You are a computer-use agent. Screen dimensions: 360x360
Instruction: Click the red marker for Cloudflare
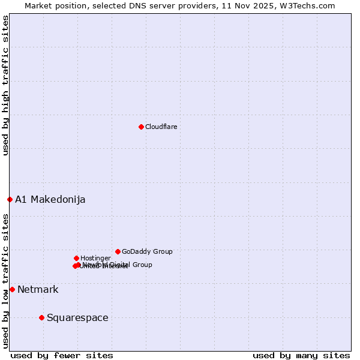coord(141,127)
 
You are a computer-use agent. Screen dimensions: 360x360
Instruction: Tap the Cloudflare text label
coord(161,127)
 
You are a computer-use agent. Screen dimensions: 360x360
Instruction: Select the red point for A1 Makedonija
coord(10,199)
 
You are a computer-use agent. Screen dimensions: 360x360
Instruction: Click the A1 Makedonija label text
coord(50,199)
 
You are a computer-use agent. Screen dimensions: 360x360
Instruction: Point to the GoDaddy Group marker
coord(118,251)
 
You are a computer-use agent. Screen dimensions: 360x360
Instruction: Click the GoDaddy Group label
coord(147,251)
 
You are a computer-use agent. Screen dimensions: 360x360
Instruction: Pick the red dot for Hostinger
coord(76,258)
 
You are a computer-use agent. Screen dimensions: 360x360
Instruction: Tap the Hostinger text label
coord(95,258)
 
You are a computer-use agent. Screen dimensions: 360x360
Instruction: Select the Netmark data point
coord(12,289)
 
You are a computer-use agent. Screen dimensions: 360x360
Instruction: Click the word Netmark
coord(38,289)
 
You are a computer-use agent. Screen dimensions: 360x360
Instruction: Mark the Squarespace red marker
coord(41,317)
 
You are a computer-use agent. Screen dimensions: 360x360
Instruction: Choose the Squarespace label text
coord(77,317)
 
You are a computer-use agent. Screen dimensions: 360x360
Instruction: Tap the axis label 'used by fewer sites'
coord(62,355)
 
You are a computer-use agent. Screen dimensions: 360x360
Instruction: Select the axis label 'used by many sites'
coord(301,355)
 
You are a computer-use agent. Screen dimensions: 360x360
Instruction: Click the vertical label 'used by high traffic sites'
coord(5,85)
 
